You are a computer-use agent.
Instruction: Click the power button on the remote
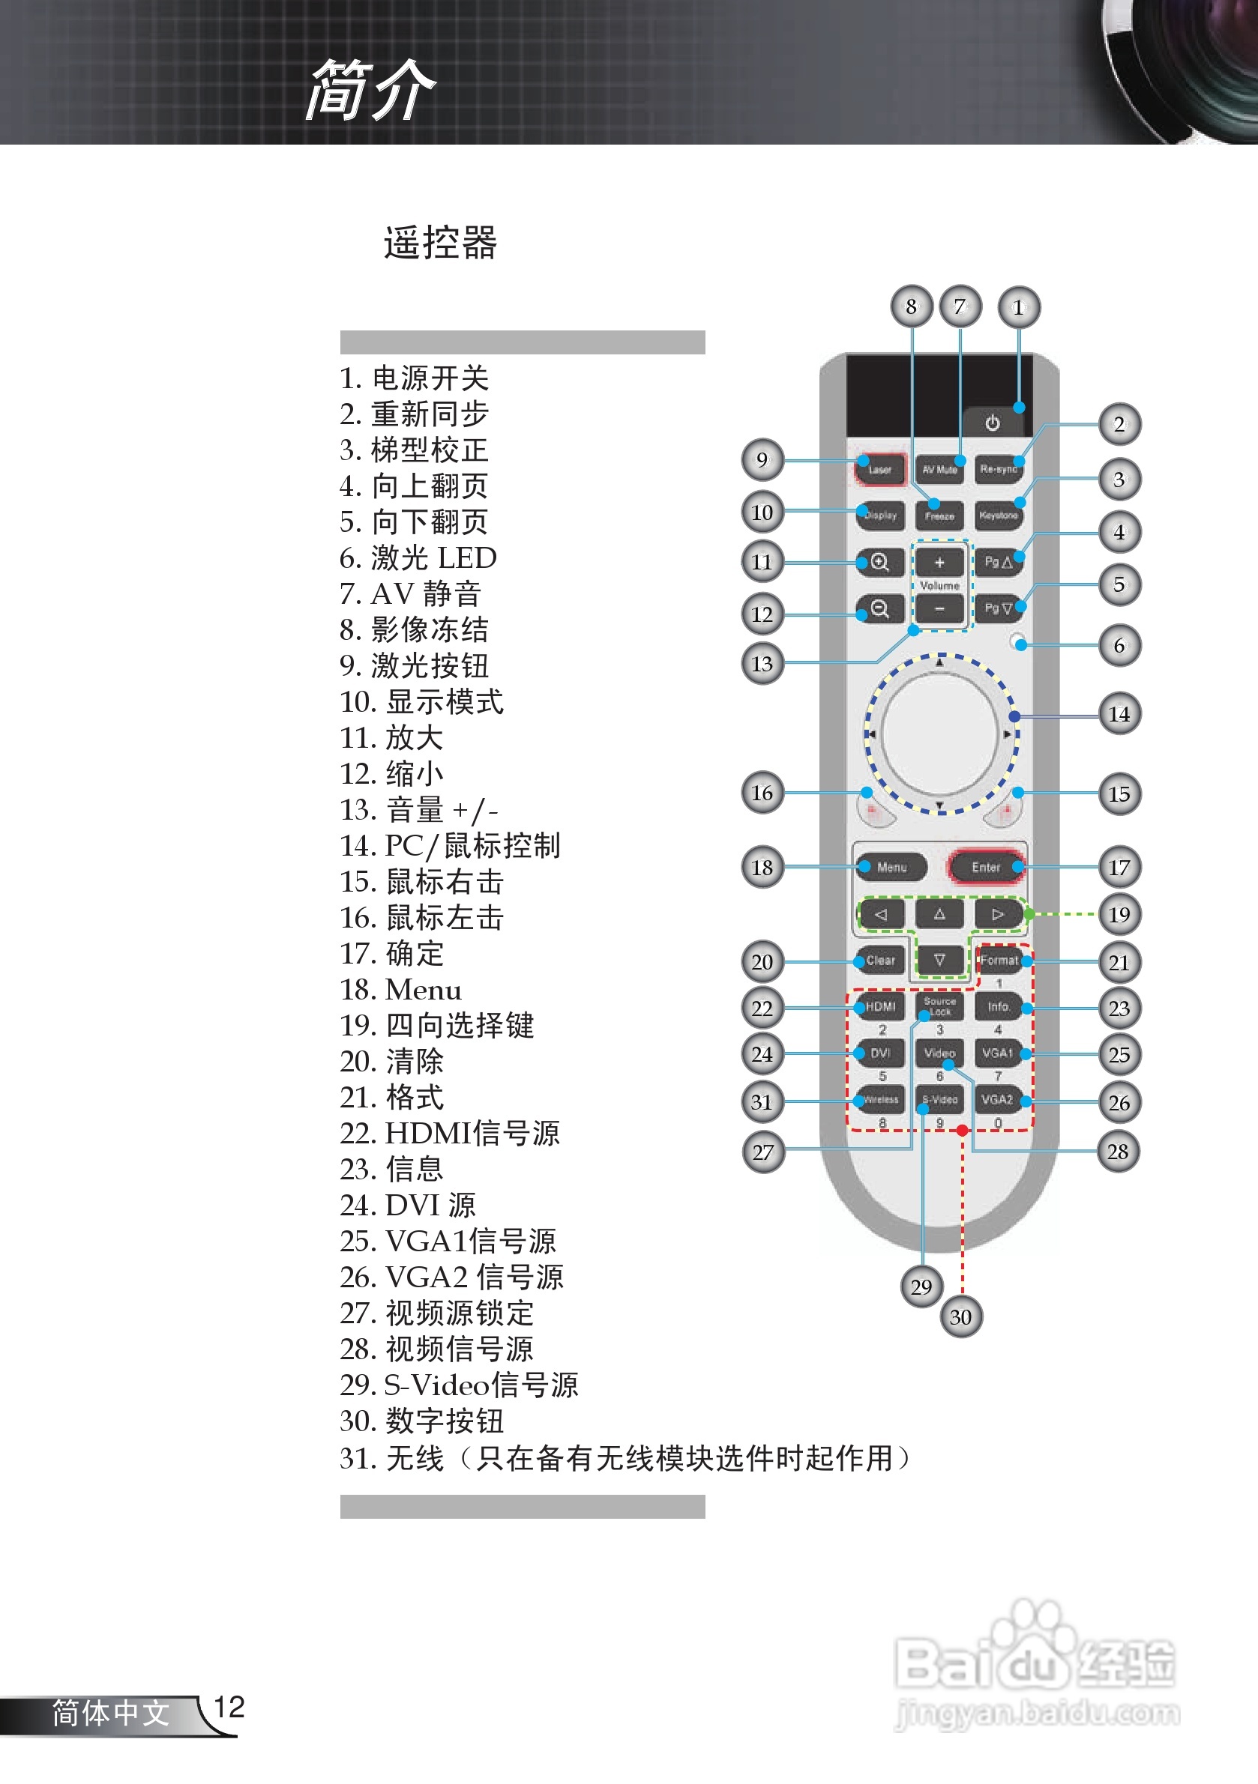(992, 423)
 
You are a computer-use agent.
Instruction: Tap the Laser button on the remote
(880, 469)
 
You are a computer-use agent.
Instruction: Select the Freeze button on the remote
(939, 515)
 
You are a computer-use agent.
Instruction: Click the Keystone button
(999, 515)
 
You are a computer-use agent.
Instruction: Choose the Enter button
(986, 867)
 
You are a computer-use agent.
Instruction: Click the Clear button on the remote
(880, 961)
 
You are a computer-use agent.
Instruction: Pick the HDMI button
(880, 1007)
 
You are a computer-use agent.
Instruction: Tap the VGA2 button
(998, 1099)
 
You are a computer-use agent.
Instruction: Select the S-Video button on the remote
(939, 1099)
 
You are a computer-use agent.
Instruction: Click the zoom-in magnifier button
(879, 562)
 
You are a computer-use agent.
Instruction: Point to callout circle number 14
(1119, 714)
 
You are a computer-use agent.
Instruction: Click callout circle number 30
(961, 1317)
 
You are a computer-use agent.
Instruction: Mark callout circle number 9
(762, 460)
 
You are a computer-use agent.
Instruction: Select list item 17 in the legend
(392, 953)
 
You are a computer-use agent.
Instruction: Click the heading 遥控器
(440, 243)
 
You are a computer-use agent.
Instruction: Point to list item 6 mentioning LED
(418, 558)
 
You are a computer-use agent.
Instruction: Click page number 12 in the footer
(229, 1707)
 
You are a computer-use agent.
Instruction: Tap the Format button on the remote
(999, 961)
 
